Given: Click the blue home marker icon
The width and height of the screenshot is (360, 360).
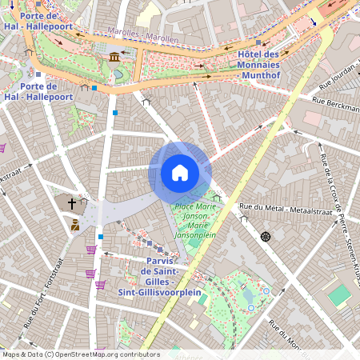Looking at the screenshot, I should [x=180, y=172].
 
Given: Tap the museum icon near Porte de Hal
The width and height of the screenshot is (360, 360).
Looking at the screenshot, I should [x=115, y=56].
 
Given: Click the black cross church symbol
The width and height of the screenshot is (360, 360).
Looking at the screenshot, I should [x=73, y=204].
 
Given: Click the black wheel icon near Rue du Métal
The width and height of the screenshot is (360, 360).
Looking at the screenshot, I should [x=265, y=237].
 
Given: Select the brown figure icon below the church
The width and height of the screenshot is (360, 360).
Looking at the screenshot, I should [x=74, y=226].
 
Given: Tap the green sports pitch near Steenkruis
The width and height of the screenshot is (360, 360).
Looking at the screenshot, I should [x=339, y=295].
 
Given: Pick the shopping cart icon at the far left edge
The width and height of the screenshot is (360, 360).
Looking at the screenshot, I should [x=2, y=147].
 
